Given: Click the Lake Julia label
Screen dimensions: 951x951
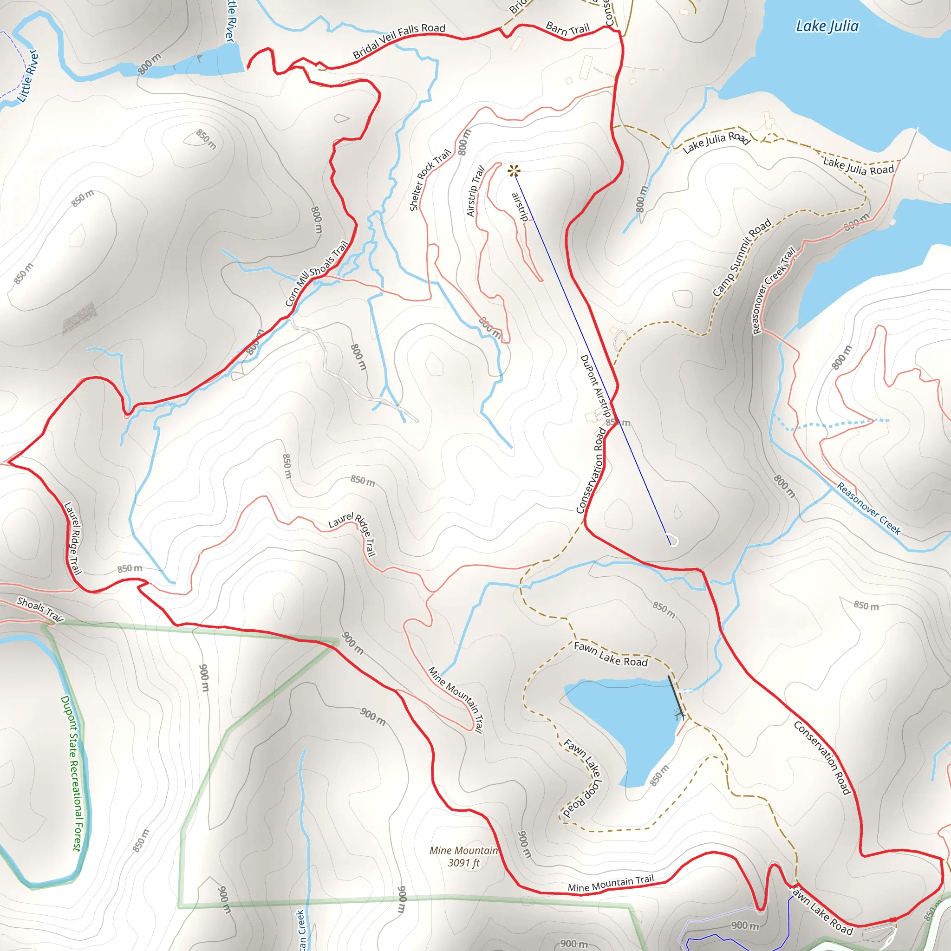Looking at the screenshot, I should pyautogui.click(x=827, y=26).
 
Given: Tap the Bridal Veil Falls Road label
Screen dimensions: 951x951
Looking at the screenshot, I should pyautogui.click(x=399, y=41).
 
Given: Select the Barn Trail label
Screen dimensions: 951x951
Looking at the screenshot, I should pyautogui.click(x=567, y=29).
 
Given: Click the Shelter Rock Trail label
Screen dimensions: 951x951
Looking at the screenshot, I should pyautogui.click(x=430, y=180).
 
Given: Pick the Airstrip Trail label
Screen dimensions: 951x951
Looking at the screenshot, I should pyautogui.click(x=475, y=191).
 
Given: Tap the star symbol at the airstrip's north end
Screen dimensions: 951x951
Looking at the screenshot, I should pyautogui.click(x=514, y=171).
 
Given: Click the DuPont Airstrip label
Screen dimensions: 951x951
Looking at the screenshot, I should pyautogui.click(x=596, y=387).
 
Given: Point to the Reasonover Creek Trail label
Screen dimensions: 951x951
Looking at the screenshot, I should pyautogui.click(x=773, y=290).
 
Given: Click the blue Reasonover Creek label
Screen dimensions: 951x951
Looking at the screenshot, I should pyautogui.click(x=869, y=508).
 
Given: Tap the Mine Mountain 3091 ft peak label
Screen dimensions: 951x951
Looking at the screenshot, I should pyautogui.click(x=463, y=856).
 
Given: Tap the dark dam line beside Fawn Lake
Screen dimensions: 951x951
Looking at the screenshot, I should pyautogui.click(x=675, y=696).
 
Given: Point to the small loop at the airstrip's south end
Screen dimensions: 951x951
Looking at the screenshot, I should pyautogui.click(x=673, y=541).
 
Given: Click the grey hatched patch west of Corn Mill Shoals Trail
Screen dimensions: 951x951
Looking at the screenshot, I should pyautogui.click(x=79, y=318).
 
